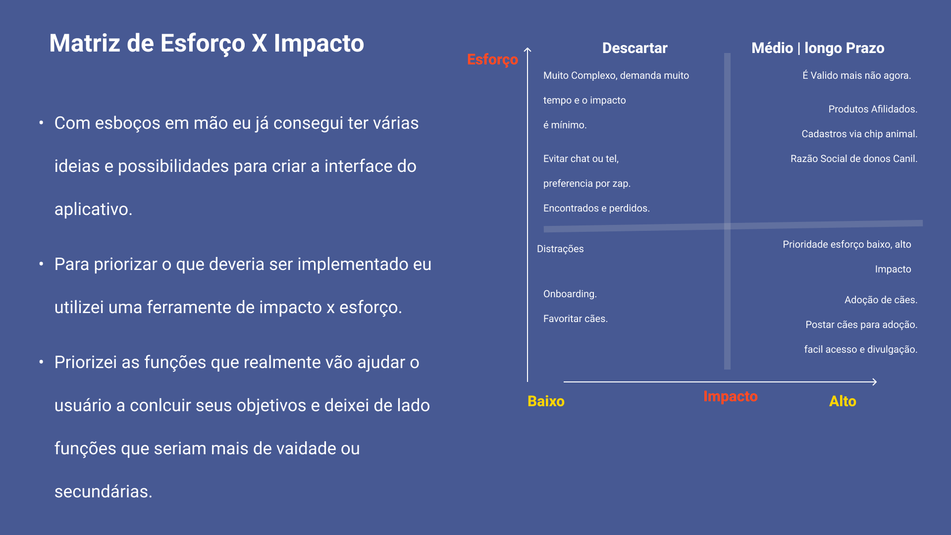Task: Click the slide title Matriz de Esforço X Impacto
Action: [x=207, y=44]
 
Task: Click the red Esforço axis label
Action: [x=492, y=60]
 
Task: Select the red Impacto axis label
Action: [x=731, y=396]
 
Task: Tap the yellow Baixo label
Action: [x=546, y=401]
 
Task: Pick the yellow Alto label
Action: [x=843, y=401]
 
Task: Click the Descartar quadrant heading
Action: [x=634, y=48]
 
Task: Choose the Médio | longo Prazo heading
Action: [x=818, y=48]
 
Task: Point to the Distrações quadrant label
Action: [x=560, y=249]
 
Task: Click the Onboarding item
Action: [x=570, y=294]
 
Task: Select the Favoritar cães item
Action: [x=576, y=319]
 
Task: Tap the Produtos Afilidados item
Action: [x=873, y=109]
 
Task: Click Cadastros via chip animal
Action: [x=859, y=134]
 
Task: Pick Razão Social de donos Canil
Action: [x=854, y=159]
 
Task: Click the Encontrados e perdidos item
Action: [x=596, y=209]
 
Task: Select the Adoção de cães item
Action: [x=881, y=300]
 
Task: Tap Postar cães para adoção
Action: [x=861, y=325]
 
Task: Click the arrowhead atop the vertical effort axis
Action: [x=528, y=50]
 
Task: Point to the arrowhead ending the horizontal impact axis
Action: [x=875, y=382]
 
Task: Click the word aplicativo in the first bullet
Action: [x=94, y=210]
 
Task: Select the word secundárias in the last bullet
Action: [x=104, y=491]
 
